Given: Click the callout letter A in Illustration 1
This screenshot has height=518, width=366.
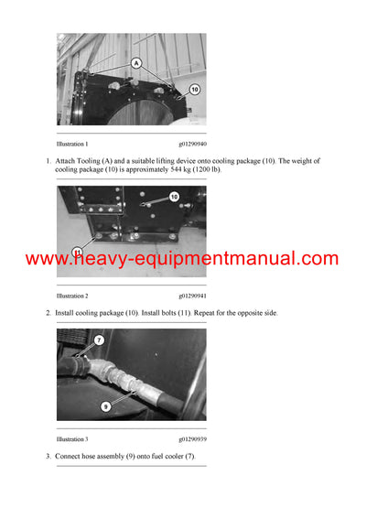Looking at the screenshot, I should [x=136, y=64].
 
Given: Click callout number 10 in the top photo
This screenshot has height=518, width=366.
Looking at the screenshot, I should [x=194, y=90].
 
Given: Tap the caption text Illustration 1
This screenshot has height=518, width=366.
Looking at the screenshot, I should [x=72, y=144].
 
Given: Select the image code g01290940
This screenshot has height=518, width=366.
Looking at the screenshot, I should [x=192, y=144].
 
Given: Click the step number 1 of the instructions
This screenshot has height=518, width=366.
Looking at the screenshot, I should [x=48, y=161].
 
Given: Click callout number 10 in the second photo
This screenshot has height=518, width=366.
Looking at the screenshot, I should [x=174, y=197].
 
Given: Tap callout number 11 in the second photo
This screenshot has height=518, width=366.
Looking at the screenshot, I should [x=78, y=252].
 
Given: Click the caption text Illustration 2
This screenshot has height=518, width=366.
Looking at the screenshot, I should [x=72, y=296].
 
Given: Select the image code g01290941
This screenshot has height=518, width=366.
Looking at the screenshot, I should [x=192, y=296].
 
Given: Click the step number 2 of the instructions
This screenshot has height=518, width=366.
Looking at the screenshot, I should [x=48, y=313].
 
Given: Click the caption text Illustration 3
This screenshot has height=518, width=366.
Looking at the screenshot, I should [x=72, y=439].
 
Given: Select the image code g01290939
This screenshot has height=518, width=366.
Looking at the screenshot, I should [x=192, y=439].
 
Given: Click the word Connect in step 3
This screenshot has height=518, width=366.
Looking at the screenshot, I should [x=70, y=457].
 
